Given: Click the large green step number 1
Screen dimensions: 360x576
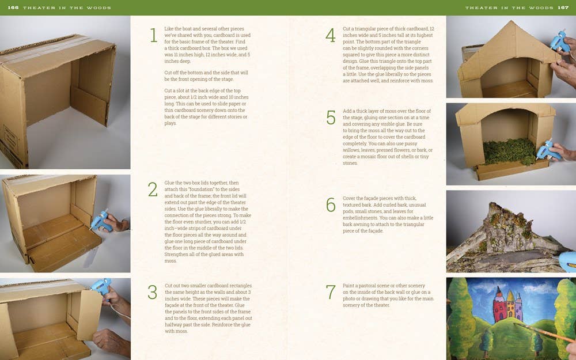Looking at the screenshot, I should [x=153, y=35].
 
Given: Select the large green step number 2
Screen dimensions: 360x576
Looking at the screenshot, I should [x=153, y=190].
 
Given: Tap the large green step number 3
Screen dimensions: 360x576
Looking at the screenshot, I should [x=153, y=292].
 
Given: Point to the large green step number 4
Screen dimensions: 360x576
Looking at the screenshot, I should [x=330, y=35].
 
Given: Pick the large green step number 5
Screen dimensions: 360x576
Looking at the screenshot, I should [x=331, y=118].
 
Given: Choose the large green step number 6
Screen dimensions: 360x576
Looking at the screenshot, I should [x=331, y=205].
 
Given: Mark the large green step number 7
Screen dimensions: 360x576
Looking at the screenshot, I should [x=331, y=292].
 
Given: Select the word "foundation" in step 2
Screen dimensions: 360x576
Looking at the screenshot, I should [x=203, y=190].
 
